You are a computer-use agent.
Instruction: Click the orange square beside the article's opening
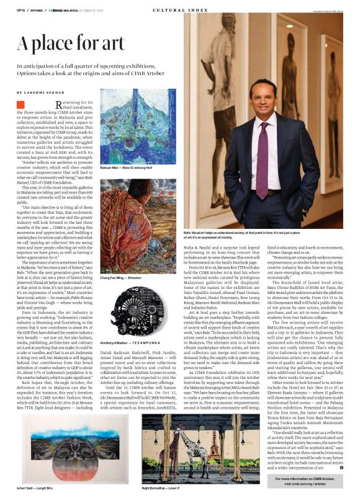(x=20, y=105)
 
